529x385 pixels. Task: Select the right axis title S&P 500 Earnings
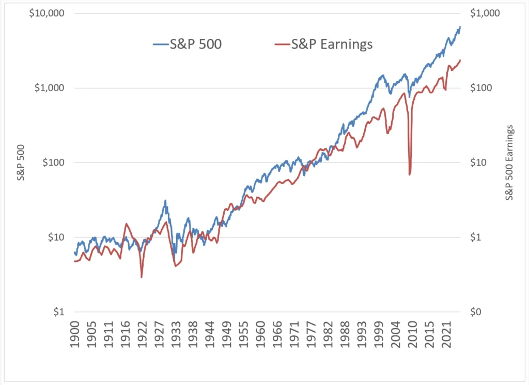(x=509, y=162)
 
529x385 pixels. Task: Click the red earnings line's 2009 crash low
(x=410, y=174)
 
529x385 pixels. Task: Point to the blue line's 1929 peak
(x=165, y=200)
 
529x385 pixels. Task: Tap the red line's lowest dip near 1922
(x=142, y=277)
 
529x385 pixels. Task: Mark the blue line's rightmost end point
(x=460, y=26)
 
